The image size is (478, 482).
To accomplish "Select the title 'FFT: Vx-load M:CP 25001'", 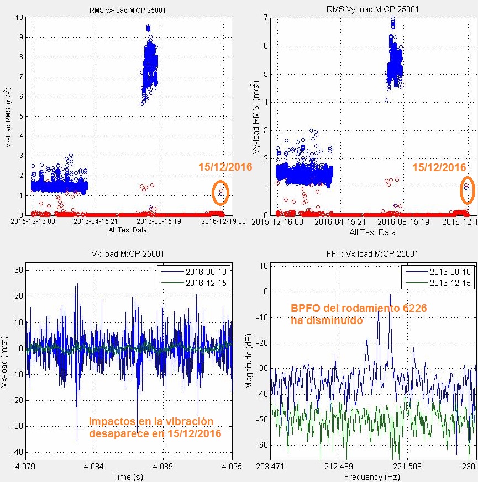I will pos(365,253).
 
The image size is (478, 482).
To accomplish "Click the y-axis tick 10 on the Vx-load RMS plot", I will pos(19,18).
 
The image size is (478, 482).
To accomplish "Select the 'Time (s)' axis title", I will pos(128,476).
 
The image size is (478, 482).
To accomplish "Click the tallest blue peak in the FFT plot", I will pos(390,296).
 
